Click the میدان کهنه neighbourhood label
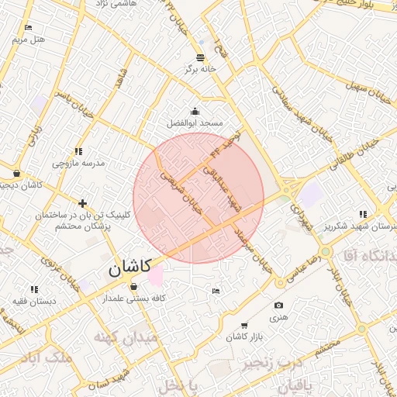[x=126, y=338]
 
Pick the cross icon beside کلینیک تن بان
[x=82, y=203]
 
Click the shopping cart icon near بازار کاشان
[x=244, y=326]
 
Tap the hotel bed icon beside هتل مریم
[x=29, y=28]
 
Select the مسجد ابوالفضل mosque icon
[x=195, y=112]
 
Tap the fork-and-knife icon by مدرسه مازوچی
[x=78, y=152]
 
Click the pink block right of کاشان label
[x=156, y=275]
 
